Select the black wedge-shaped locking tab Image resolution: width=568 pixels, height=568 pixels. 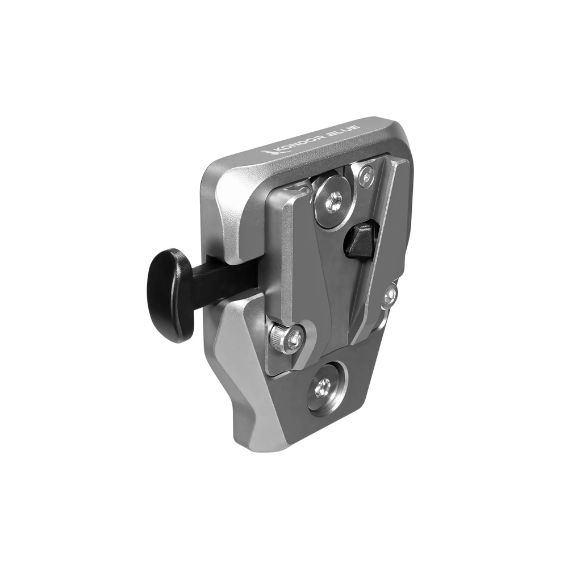[361, 240]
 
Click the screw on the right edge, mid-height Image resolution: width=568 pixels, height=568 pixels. [390, 295]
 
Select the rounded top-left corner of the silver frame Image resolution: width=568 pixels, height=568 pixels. [213, 170]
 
